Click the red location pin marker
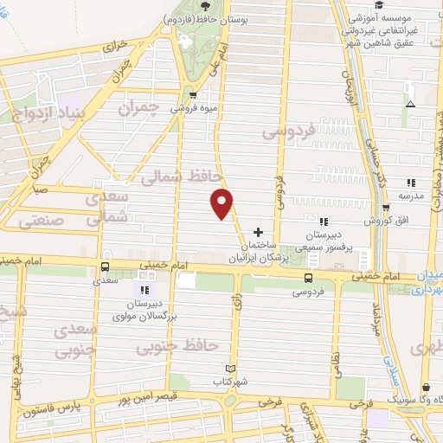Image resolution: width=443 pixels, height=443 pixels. pyautogui.click(x=222, y=202)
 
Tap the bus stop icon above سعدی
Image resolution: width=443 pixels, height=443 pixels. pyautogui.click(x=105, y=266)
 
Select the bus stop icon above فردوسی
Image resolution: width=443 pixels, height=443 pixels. pyautogui.click(x=308, y=278)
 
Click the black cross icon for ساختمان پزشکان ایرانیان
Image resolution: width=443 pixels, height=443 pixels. pyautogui.click(x=258, y=232)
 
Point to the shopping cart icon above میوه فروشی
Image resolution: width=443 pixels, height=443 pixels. pyautogui.click(x=193, y=95)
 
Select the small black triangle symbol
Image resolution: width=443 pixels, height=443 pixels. pyautogui.click(x=410, y=104)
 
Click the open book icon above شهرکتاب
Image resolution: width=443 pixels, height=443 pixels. pyautogui.click(x=229, y=368)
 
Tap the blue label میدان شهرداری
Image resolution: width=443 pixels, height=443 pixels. pyautogui.click(x=427, y=283)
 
